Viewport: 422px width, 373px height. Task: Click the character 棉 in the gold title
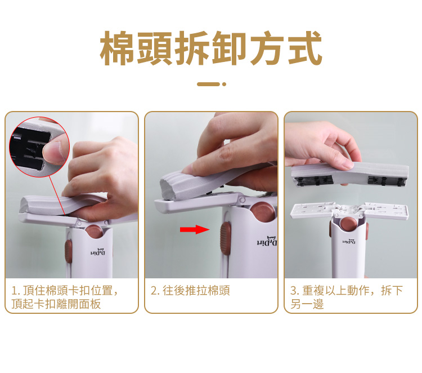click(118, 48)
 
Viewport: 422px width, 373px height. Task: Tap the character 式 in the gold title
click(305, 48)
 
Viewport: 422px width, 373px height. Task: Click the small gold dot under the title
click(224, 84)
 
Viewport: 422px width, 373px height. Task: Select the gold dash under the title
click(209, 84)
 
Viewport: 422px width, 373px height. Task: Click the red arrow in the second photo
click(195, 229)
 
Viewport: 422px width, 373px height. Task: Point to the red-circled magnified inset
click(39, 147)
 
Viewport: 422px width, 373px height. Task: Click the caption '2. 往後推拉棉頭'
click(190, 291)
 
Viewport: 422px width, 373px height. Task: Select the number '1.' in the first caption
click(16, 291)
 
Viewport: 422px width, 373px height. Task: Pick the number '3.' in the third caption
click(295, 291)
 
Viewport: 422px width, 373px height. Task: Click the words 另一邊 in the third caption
click(307, 304)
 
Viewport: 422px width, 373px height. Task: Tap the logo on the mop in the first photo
click(98, 252)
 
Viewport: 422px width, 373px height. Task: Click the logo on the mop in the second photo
click(267, 241)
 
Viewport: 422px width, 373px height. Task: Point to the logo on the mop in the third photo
click(349, 242)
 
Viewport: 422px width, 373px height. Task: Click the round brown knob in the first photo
click(94, 232)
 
